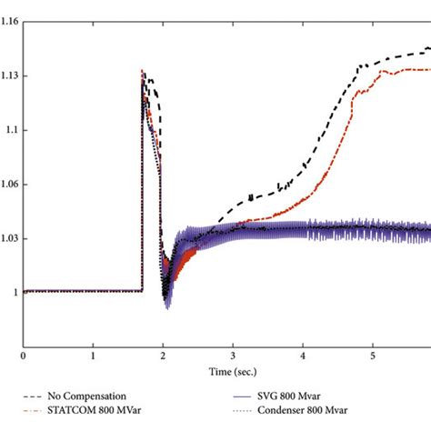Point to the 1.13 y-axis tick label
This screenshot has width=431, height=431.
[10, 76]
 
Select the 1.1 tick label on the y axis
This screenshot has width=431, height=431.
[12, 130]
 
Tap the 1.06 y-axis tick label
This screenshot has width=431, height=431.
[10, 185]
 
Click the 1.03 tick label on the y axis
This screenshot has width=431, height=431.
[10, 238]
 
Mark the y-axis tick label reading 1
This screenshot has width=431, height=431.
[16, 292]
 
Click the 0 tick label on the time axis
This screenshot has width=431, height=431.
[24, 356]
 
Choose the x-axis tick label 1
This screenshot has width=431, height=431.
[93, 356]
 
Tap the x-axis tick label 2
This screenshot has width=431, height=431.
[163, 356]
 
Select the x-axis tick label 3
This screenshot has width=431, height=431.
[233, 356]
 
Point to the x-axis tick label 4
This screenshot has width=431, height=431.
[303, 356]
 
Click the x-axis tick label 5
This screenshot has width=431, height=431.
[373, 356]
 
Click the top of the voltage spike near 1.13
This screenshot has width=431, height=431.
[143, 71]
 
